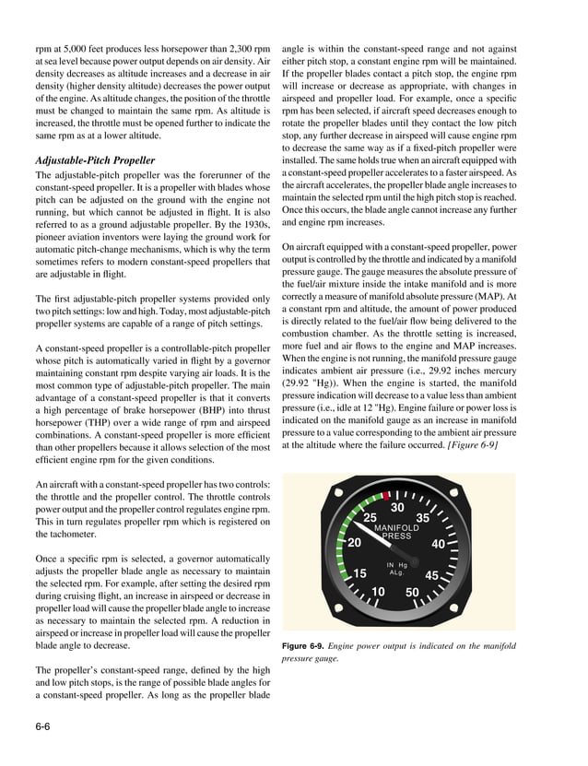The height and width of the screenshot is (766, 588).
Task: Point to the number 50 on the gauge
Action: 412,592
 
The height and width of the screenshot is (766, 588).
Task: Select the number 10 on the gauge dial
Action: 377,592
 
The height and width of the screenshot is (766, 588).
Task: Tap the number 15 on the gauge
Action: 360,573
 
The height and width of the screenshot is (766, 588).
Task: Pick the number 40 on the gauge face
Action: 439,544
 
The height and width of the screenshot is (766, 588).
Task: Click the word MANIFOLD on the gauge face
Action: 396,528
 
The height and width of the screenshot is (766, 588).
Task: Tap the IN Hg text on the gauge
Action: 396,564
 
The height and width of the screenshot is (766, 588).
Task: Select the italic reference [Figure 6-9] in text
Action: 474,445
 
